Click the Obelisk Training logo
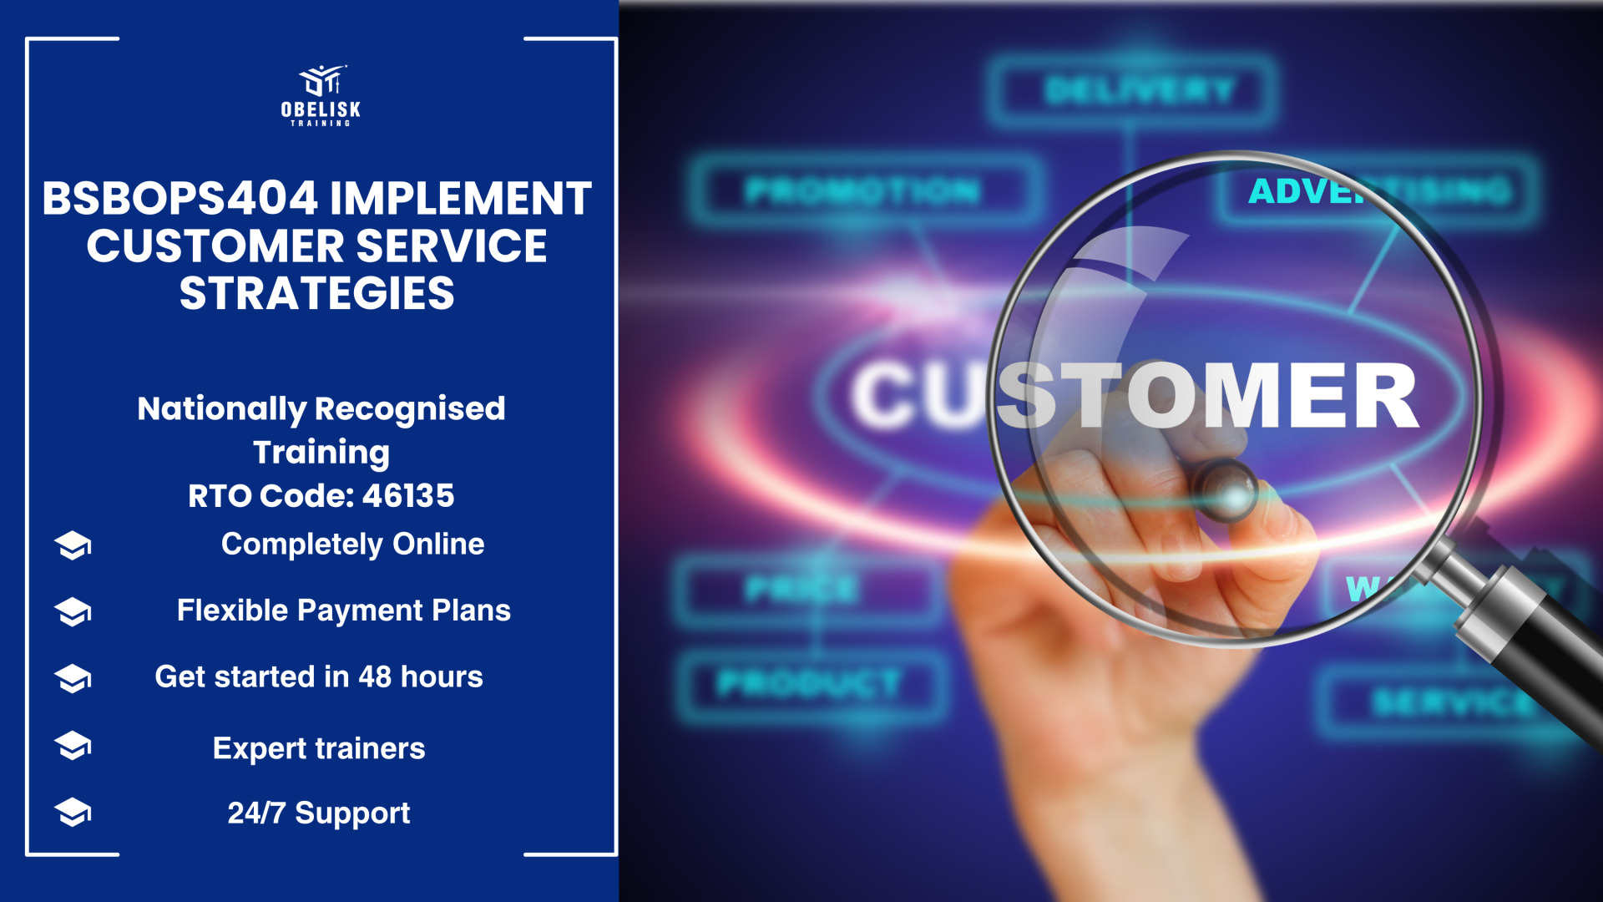(321, 95)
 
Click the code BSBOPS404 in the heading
(180, 199)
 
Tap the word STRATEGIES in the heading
(317, 294)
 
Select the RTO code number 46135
(408, 496)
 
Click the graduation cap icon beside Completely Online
(73, 545)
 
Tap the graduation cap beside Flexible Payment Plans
(73, 611)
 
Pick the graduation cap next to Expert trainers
(73, 745)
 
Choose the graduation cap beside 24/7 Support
(73, 812)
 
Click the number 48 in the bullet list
(375, 677)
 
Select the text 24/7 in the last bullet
(256, 813)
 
